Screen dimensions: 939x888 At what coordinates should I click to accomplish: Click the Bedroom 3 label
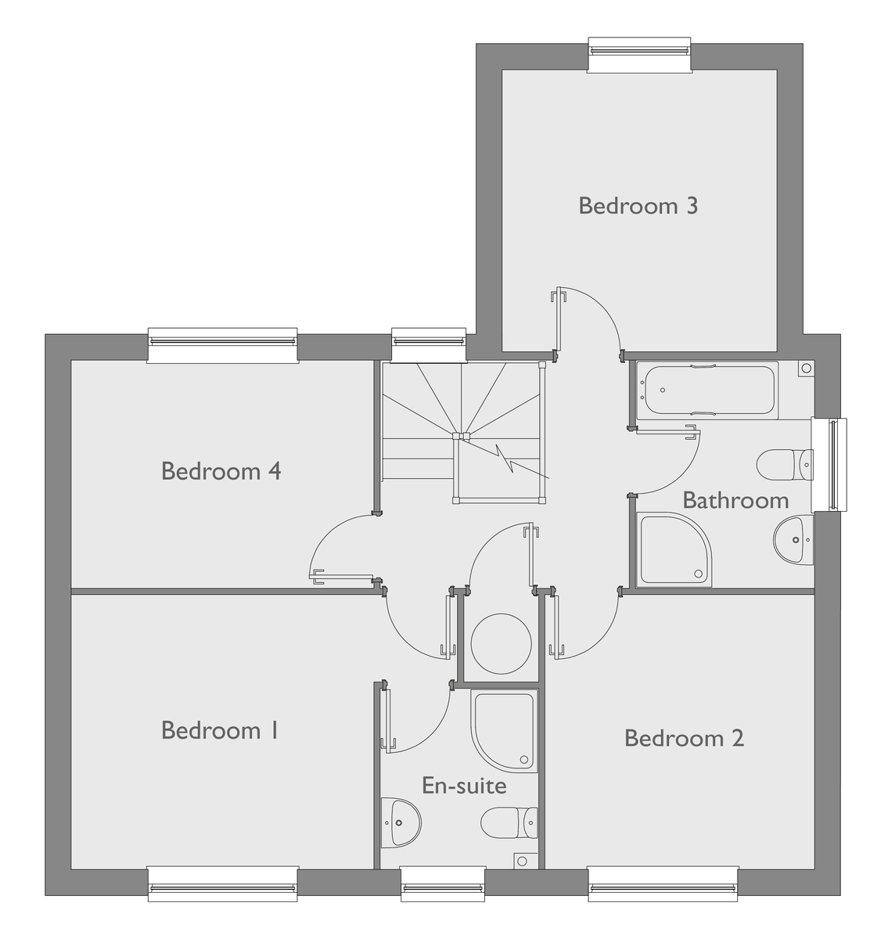[638, 206]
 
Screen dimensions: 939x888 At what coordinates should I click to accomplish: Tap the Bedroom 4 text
[221, 471]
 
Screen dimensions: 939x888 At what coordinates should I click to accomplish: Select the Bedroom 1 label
[219, 730]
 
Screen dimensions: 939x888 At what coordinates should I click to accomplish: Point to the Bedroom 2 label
[684, 738]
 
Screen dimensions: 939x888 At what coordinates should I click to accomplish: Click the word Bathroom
[735, 500]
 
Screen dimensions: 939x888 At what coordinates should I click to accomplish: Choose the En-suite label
[464, 785]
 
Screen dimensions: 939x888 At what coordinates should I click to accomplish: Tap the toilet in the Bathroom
[785, 464]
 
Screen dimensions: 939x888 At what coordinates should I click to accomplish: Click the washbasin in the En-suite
[400, 822]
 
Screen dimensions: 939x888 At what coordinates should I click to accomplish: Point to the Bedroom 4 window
[223, 345]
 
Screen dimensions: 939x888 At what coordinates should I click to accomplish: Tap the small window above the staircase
[428, 345]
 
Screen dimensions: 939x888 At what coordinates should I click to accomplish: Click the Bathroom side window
[830, 465]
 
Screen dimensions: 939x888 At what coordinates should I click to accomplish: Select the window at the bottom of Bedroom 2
[663, 883]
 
